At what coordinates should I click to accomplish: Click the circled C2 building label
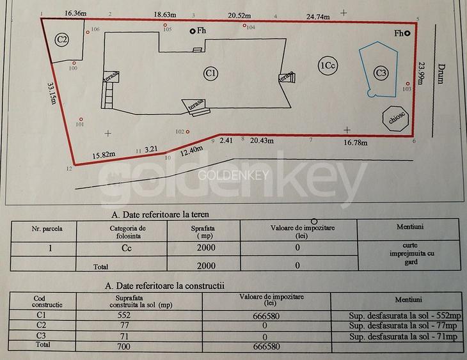(62, 40)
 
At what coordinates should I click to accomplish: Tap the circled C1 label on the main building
(211, 74)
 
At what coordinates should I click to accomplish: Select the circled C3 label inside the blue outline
(381, 73)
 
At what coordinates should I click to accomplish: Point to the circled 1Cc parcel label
(327, 65)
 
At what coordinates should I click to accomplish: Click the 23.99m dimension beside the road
(420, 77)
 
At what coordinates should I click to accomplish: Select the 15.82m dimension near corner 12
(104, 153)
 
